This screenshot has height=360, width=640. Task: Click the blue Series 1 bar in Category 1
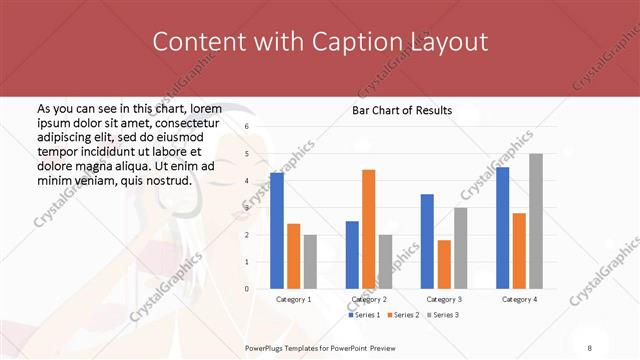click(277, 230)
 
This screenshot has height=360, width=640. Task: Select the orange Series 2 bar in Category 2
click(369, 229)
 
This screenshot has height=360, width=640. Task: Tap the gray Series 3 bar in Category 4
click(536, 221)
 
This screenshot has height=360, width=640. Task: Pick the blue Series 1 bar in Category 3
click(427, 241)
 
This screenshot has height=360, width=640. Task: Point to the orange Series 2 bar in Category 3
click(444, 264)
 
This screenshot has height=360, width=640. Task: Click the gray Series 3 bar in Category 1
click(310, 261)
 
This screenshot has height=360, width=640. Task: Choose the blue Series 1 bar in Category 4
click(502, 227)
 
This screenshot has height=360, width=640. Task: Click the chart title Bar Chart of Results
click(402, 110)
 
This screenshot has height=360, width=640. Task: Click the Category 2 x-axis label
click(369, 299)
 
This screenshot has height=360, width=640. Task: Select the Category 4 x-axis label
click(519, 299)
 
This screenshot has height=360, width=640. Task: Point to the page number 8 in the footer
click(589, 346)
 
